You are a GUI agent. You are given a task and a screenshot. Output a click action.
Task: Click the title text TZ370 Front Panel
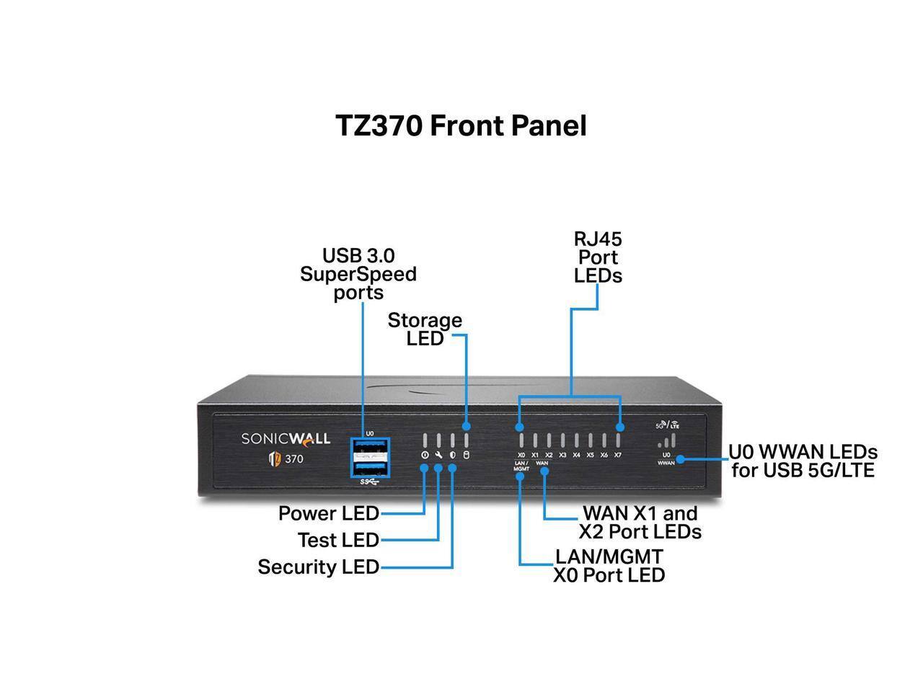coord(461,125)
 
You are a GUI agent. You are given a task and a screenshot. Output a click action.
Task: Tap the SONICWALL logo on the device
coord(286,438)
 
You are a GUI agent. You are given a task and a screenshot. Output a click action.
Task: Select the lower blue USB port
coord(369,467)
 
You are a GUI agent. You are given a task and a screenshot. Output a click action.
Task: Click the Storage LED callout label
coord(425,329)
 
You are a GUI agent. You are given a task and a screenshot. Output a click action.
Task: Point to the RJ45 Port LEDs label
coord(598,257)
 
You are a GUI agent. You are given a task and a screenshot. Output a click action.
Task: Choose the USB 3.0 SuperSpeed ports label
coord(358,274)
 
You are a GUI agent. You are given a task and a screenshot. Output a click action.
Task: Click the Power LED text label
coord(328,513)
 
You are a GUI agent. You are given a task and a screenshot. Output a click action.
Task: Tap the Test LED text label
coord(338,540)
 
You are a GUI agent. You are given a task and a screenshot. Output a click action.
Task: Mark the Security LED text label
coord(318,567)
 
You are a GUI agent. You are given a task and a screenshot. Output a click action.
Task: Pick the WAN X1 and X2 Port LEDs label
coord(640,523)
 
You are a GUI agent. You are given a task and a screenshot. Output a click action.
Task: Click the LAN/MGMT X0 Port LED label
coord(609,566)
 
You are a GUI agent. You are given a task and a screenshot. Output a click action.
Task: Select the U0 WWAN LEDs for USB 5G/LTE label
coord(803,461)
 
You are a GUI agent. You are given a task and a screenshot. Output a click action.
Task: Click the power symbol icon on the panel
coord(424,455)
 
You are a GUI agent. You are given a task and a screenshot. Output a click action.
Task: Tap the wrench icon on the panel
coord(438,455)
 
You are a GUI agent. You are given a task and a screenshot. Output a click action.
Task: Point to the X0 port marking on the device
coord(521,455)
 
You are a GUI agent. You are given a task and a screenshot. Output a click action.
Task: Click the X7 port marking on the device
coord(618,455)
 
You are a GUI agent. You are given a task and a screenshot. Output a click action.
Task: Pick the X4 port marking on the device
coord(576,455)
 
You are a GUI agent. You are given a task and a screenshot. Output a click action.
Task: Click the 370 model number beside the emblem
coord(293,458)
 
